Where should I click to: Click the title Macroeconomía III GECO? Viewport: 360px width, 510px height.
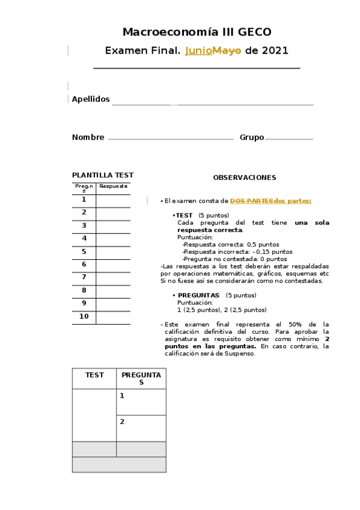click(197, 32)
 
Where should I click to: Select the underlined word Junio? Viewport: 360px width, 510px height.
click(198, 51)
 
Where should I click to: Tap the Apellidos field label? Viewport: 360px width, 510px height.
click(91, 99)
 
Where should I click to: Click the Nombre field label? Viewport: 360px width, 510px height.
click(88, 137)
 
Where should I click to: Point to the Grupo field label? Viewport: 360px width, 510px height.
click(251, 137)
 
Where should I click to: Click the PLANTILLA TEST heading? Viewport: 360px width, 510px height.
click(103, 175)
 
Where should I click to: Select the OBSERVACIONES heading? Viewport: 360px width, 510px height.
click(245, 177)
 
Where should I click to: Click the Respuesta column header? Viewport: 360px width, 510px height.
click(113, 186)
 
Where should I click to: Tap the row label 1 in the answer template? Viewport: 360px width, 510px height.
click(84, 200)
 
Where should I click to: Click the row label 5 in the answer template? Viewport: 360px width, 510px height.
click(84, 251)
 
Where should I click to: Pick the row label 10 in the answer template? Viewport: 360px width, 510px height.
click(84, 316)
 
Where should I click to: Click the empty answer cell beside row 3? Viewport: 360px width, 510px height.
click(113, 226)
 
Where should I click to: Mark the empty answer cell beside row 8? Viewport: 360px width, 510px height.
click(113, 290)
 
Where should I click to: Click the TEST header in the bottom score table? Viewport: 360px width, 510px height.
click(94, 375)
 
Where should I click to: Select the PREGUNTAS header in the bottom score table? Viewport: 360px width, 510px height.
click(141, 378)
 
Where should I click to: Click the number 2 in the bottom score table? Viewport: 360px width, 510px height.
click(122, 422)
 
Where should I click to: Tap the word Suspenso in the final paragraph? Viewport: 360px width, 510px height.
click(239, 353)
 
